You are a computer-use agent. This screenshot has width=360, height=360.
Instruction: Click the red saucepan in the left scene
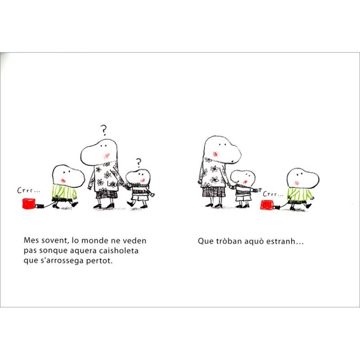click(x=29, y=204)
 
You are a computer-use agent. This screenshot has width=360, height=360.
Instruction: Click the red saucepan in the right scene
click(x=266, y=205)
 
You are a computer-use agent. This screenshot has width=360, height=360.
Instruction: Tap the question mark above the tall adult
click(x=104, y=130)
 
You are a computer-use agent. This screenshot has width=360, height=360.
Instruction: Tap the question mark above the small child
click(x=139, y=163)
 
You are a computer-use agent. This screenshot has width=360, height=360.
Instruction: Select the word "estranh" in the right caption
click(x=280, y=241)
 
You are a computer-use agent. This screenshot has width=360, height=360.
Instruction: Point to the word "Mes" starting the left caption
click(x=31, y=240)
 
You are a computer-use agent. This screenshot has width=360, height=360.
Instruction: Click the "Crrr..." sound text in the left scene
click(x=28, y=190)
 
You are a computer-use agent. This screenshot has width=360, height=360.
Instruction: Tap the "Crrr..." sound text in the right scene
click(x=273, y=194)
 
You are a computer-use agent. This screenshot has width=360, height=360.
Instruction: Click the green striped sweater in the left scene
click(x=64, y=192)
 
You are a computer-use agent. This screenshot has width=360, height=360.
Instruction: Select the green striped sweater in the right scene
click(x=299, y=194)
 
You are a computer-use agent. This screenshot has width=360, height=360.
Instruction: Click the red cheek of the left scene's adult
click(x=107, y=156)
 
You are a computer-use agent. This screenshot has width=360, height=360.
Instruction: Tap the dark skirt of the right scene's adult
click(x=214, y=192)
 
